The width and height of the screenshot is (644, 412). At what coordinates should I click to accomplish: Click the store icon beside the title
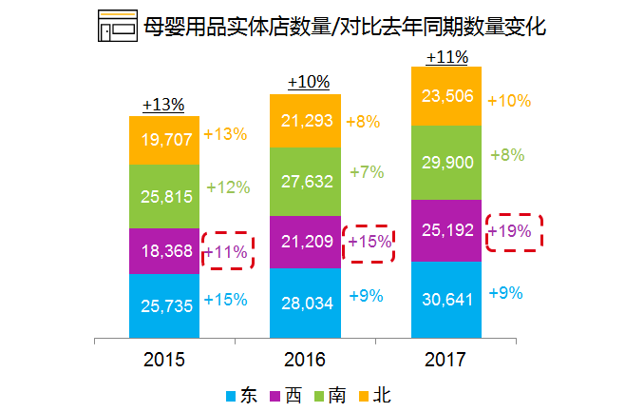117,27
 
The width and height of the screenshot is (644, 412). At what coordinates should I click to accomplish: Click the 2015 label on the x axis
164,360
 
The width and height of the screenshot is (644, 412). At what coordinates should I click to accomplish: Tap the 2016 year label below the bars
304,360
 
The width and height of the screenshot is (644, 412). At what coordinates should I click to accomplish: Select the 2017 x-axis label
445,360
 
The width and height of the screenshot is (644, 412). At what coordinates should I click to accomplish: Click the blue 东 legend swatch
231,394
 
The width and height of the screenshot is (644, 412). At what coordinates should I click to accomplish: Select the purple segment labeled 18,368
164,252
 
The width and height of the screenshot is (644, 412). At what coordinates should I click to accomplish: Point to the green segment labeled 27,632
305,182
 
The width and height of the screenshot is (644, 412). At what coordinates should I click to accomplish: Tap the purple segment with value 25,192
445,230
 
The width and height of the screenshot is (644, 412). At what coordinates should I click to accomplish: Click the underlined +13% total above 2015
163,105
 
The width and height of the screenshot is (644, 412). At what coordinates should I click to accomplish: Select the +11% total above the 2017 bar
446,57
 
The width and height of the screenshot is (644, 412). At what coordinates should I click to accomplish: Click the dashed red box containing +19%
513,231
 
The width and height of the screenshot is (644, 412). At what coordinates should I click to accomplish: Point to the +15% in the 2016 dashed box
369,242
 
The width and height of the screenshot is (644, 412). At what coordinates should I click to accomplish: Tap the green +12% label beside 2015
227,187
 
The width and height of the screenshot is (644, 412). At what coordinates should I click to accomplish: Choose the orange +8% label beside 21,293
363,122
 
